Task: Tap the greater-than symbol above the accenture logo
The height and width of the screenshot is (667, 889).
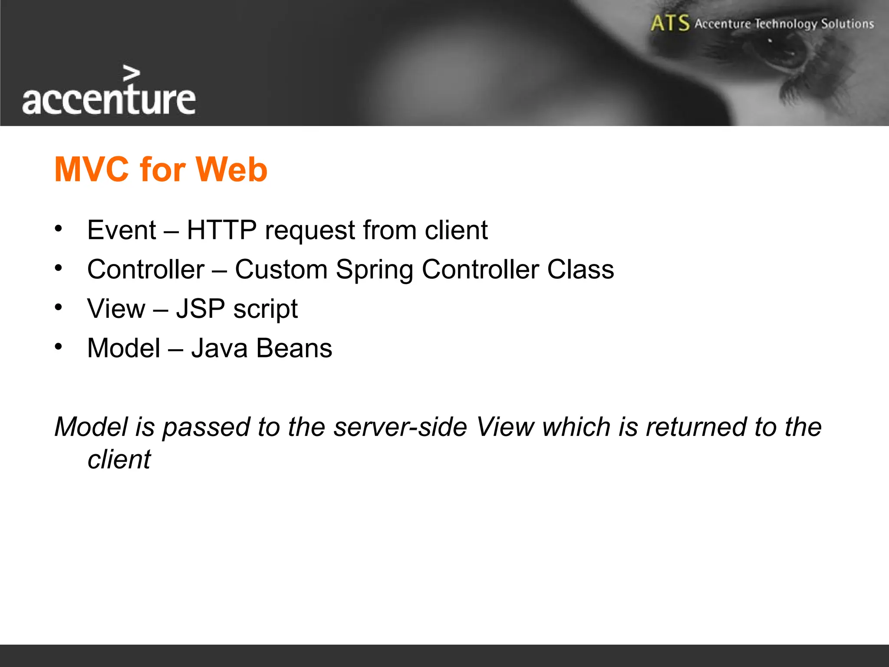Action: tap(132, 73)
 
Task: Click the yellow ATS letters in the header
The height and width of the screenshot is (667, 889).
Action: tap(670, 23)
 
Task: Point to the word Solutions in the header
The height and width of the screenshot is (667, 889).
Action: tap(847, 23)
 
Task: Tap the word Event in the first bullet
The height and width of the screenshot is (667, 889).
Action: tap(122, 230)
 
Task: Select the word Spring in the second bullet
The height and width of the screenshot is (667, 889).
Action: tap(374, 270)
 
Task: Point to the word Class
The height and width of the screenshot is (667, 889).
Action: tap(580, 269)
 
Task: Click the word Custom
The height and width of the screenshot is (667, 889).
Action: tap(281, 269)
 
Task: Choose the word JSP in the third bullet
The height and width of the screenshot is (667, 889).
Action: tap(201, 309)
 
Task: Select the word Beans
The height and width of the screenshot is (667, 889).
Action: tap(294, 348)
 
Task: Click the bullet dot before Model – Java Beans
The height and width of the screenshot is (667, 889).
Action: tap(59, 347)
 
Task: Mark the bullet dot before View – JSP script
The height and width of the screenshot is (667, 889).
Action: tap(59, 307)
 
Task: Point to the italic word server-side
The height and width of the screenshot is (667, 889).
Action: tap(400, 427)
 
